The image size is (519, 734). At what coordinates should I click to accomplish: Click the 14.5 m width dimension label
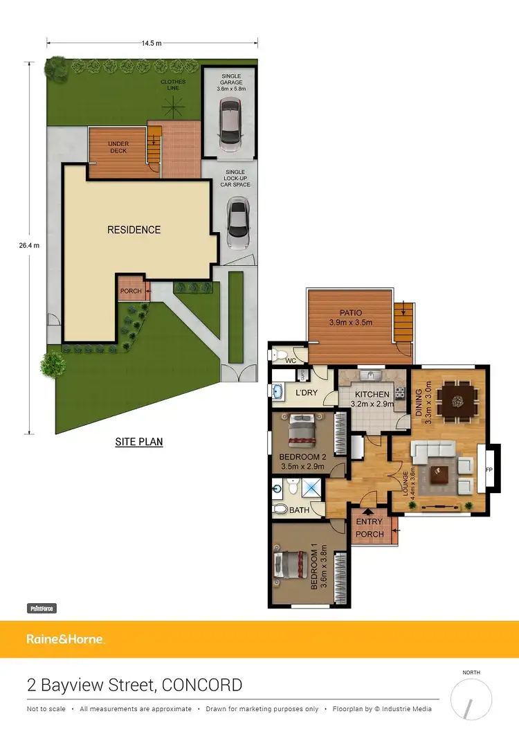[x=152, y=43]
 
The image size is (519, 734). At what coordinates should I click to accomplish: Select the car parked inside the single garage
[x=228, y=125]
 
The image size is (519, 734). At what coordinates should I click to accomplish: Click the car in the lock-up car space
[x=237, y=224]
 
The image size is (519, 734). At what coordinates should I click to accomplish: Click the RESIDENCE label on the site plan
[x=134, y=230]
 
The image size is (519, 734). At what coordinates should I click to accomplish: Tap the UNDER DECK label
[x=118, y=147]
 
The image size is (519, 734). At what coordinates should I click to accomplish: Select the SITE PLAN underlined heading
[x=138, y=441]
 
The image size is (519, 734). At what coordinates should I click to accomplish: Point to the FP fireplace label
[x=489, y=469]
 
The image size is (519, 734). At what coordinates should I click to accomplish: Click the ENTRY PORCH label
[x=369, y=529]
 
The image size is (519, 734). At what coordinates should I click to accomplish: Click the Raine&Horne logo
[x=65, y=639]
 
